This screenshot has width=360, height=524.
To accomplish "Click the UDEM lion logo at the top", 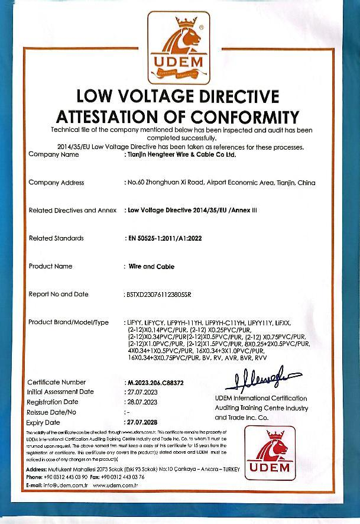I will coord(180,49).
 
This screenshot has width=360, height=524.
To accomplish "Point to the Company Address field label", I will coord(56,183).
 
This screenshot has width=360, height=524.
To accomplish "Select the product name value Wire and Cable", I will coord(151,267).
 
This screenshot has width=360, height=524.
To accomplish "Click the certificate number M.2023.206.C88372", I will coord(155,383).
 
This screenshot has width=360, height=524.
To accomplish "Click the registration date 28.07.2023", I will coord(141,402).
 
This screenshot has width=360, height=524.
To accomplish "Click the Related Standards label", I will coord(56,238).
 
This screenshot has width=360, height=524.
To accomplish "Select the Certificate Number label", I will coord(56,383).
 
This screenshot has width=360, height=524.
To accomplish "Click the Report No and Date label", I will coord(59,294).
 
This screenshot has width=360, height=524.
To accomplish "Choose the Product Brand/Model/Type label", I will coord(69,322).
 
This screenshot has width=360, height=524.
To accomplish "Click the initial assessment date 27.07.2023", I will coord(141,392).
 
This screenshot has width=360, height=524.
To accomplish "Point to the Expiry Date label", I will coord(44,423).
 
